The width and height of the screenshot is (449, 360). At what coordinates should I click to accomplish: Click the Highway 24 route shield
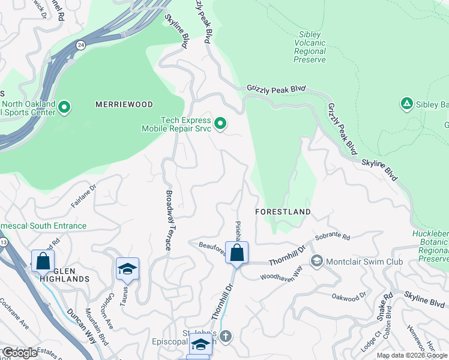80,44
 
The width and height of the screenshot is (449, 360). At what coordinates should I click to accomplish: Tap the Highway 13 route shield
4,242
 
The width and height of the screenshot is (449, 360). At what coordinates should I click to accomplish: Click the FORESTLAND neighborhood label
283,212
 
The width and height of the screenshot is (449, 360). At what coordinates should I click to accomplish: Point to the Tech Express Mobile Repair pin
220,124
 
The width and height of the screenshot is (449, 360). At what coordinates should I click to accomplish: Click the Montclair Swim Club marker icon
316,261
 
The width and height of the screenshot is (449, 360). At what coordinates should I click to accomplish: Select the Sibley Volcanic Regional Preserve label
310,47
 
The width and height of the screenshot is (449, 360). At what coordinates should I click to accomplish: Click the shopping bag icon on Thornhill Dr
237,253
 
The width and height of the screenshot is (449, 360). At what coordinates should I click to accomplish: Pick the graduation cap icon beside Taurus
127,269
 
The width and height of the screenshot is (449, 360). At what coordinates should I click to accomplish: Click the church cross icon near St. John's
225,335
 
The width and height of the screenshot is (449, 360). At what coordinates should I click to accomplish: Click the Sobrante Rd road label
332,237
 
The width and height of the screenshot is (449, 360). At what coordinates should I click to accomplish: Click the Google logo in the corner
19,353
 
